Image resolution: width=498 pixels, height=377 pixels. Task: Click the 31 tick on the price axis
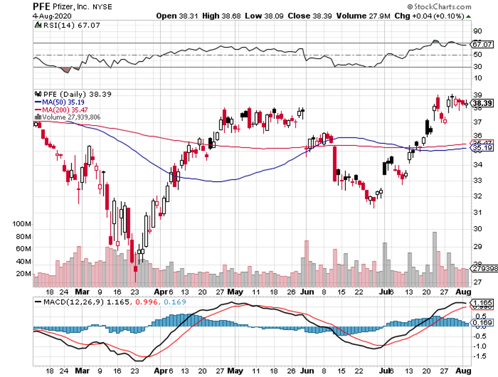click(x=477, y=212)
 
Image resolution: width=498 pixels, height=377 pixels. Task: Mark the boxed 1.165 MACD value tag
click(x=480, y=302)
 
